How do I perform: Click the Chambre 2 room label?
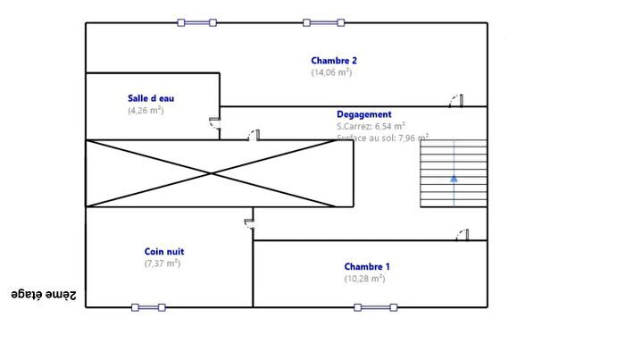pos(334,61)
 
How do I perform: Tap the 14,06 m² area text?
pos(331,72)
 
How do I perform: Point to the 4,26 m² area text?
pos(146,111)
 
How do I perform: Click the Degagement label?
pos(363,114)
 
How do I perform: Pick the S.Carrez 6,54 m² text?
pos(371,126)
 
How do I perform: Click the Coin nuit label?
pos(164,252)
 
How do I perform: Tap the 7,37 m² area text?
pos(162,264)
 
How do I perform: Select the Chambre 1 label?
pos(367,266)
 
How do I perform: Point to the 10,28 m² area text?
pos(364,279)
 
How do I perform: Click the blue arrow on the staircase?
pos(454,179)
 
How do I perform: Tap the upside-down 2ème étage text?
pos(44,294)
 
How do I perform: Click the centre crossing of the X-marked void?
pos(212,173)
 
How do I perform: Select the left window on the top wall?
pos(196,22)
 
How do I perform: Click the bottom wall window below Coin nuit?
pos(148,307)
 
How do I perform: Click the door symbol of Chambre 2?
pos(457,100)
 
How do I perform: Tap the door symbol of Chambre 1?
pos(463,235)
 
